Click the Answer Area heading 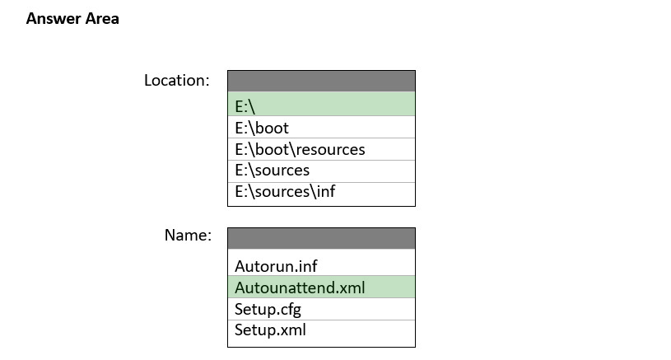(x=72, y=19)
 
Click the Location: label (x=177, y=81)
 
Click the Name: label (x=188, y=235)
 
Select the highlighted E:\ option (x=321, y=104)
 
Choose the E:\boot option (x=321, y=127)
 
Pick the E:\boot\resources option (x=321, y=149)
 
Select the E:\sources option (x=321, y=171)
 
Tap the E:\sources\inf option (x=321, y=194)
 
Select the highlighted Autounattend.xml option (x=321, y=287)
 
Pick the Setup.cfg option (x=321, y=309)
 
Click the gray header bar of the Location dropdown (x=321, y=82)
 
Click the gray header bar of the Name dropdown (x=321, y=238)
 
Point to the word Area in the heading (x=102, y=19)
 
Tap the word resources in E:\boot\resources (x=330, y=150)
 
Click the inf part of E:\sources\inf (x=326, y=191)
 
